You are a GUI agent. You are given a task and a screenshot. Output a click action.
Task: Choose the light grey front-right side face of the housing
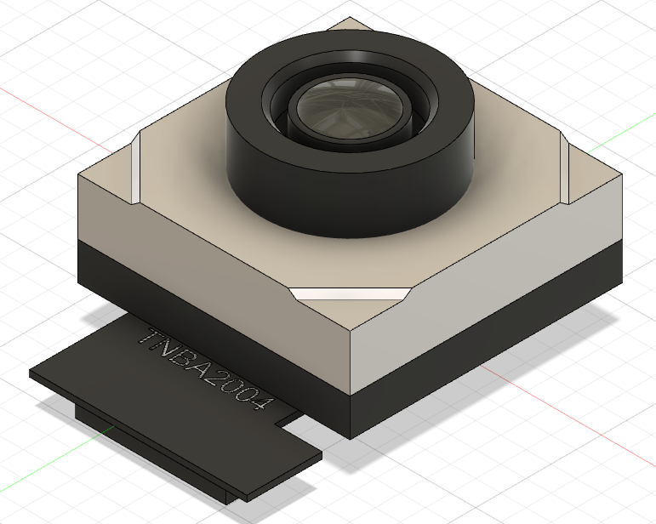click(x=485, y=272)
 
